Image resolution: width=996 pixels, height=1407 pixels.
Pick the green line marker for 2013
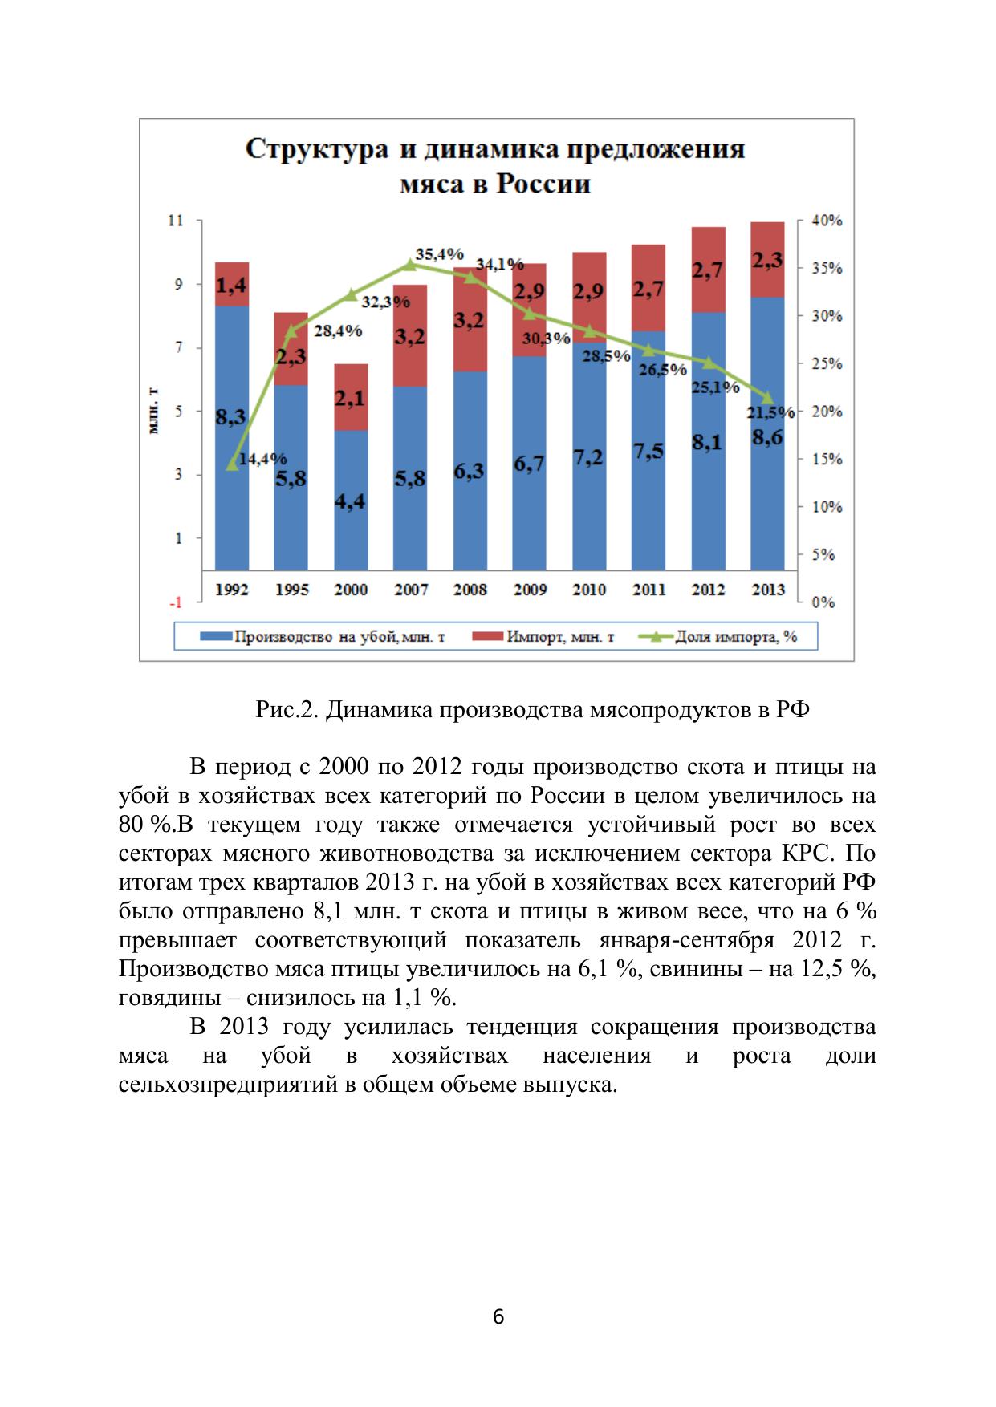point(767,398)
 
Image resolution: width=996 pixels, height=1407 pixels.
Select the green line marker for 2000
point(351,295)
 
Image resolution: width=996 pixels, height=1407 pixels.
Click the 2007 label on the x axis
point(410,590)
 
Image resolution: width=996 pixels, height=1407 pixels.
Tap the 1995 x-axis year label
point(291,590)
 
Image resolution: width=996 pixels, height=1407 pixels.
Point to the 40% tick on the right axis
point(826,221)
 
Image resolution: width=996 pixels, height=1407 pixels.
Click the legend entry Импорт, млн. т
point(559,637)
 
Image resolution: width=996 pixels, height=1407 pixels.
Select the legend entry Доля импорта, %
point(736,637)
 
